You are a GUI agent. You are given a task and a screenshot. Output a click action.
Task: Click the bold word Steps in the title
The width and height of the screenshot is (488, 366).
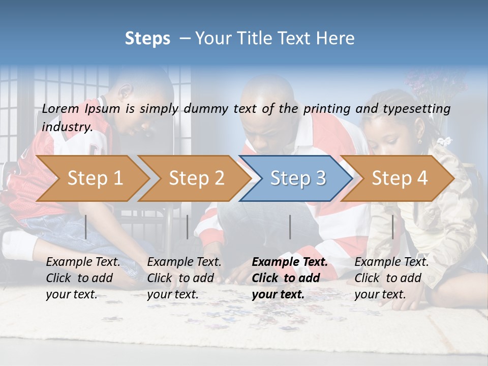[x=147, y=39]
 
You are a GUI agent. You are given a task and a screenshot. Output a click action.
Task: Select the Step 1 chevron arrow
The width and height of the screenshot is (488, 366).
[x=91, y=178]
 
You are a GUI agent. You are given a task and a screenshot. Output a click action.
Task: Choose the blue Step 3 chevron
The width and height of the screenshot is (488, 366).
[x=296, y=178]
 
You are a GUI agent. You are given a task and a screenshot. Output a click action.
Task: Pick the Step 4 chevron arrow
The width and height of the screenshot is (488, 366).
[x=398, y=178]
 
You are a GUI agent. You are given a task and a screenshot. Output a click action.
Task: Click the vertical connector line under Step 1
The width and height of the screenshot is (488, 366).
[x=86, y=227]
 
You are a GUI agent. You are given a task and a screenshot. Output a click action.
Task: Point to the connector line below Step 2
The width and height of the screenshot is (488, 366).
[x=188, y=227]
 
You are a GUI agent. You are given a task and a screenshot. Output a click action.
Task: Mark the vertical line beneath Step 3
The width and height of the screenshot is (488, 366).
[x=290, y=227]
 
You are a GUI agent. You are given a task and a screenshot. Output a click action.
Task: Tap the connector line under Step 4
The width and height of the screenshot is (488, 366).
[x=392, y=227]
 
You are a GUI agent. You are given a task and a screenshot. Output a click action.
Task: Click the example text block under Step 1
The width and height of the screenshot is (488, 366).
[x=83, y=278]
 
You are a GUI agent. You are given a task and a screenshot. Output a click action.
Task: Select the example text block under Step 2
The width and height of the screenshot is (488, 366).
[x=184, y=278]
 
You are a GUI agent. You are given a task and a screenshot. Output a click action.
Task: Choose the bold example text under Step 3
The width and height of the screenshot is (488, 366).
[x=290, y=278]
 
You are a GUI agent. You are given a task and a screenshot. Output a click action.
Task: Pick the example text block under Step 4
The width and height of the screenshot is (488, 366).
[x=391, y=278]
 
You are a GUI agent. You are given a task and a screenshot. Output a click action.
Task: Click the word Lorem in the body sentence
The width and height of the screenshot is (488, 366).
[x=60, y=108]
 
